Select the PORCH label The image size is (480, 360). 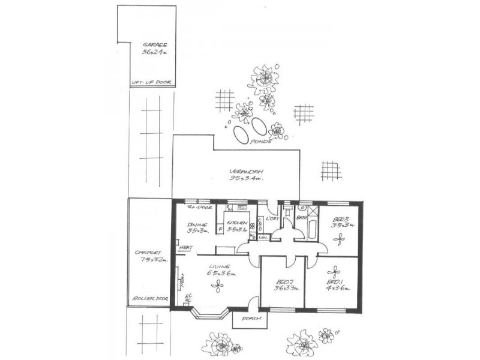[x=250, y=319]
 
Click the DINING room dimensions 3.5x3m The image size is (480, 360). [x=197, y=230]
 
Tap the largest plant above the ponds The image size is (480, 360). [x=263, y=79]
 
